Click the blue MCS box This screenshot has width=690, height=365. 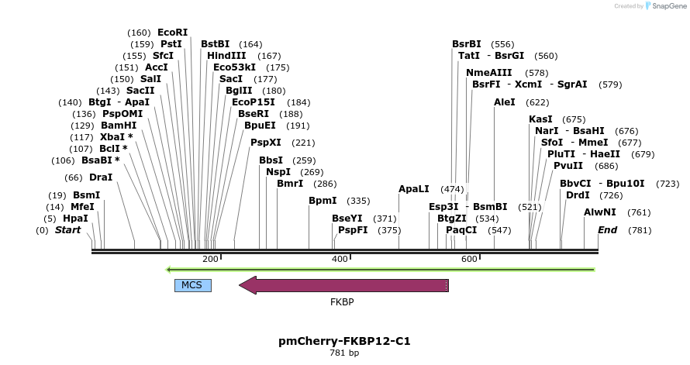[192, 285]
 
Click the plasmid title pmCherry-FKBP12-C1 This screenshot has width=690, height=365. [344, 341]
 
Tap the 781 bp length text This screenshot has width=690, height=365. [344, 353]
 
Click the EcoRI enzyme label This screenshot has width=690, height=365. [172, 33]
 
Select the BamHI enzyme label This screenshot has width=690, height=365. [119, 126]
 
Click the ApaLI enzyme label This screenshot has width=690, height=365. [413, 189]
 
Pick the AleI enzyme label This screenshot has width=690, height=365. [505, 102]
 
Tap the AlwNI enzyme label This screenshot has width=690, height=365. [600, 212]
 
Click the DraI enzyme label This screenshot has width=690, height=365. [101, 177]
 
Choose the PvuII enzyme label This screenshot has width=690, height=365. [568, 166]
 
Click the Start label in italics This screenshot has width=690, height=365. [67, 230]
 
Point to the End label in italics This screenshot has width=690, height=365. [607, 230]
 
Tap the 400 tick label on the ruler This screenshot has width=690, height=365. [339, 259]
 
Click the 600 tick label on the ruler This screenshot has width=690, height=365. [468, 259]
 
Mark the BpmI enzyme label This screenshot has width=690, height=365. [323, 201]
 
